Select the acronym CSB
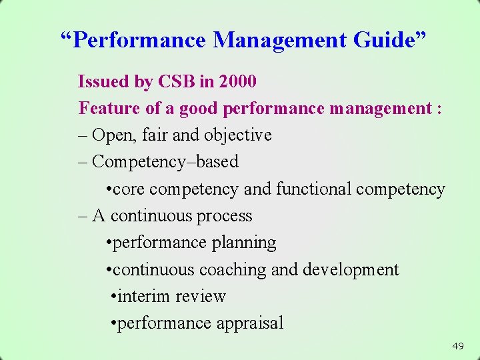177,81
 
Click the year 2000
237,81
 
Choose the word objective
238,135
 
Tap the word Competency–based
165,162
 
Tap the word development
351,270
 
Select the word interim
141,297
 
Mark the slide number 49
458,346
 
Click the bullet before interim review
114,297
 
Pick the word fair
156,135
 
